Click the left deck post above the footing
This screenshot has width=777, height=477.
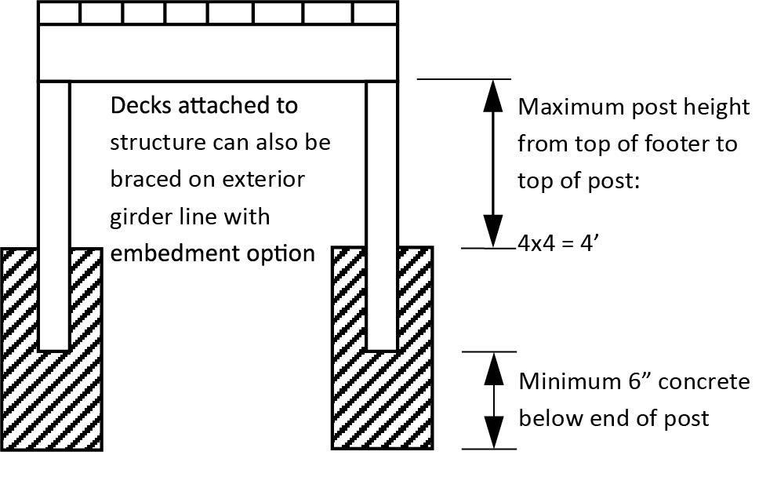tap(54, 165)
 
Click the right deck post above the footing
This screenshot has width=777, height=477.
tap(382, 165)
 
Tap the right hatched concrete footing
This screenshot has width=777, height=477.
tap(382, 400)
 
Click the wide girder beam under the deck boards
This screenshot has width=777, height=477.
tap(218, 53)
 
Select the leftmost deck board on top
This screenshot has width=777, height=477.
tap(60, 13)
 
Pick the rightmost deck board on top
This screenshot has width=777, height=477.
tap(375, 13)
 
